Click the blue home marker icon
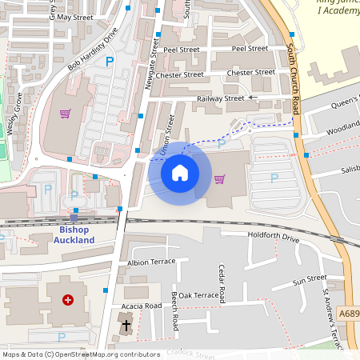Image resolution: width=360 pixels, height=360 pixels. [180, 173]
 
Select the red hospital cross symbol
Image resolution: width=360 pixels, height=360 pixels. [68, 300]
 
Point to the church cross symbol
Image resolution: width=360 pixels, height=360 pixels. [126, 326]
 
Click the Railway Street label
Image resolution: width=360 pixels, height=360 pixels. [220, 98]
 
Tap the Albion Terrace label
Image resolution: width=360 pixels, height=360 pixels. [151, 262]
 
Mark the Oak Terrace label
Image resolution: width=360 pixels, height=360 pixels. [198, 295]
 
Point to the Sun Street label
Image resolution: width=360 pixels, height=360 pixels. [310, 281]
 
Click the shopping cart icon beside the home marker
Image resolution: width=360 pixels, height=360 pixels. [219, 178]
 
